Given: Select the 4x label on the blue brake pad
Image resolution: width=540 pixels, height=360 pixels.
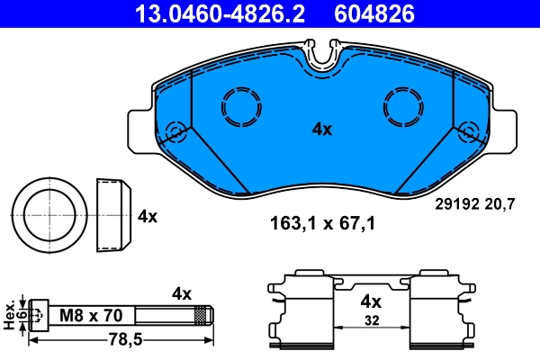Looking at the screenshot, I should pyautogui.click(x=321, y=130).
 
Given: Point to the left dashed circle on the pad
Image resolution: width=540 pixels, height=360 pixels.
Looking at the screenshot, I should pyautogui.click(x=240, y=106).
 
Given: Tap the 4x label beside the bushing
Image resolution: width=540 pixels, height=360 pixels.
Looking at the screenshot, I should pyautogui.click(x=148, y=217).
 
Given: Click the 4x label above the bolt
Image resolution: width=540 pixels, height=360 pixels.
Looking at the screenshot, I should pyautogui.click(x=182, y=293).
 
